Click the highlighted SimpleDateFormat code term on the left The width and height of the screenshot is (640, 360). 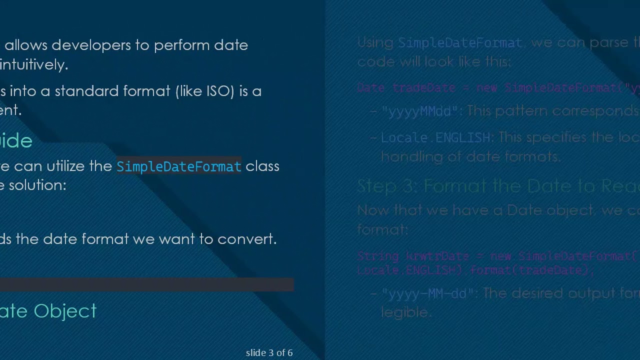tap(178, 166)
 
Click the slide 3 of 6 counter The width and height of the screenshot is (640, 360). tap(269, 353)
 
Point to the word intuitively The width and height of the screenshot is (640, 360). tap(34, 64)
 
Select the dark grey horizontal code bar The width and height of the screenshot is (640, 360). tap(146, 284)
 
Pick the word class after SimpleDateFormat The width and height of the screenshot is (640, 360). tap(262, 166)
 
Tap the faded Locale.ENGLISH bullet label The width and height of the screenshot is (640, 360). tap(435, 137)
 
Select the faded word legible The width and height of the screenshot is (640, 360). tap(405, 312)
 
